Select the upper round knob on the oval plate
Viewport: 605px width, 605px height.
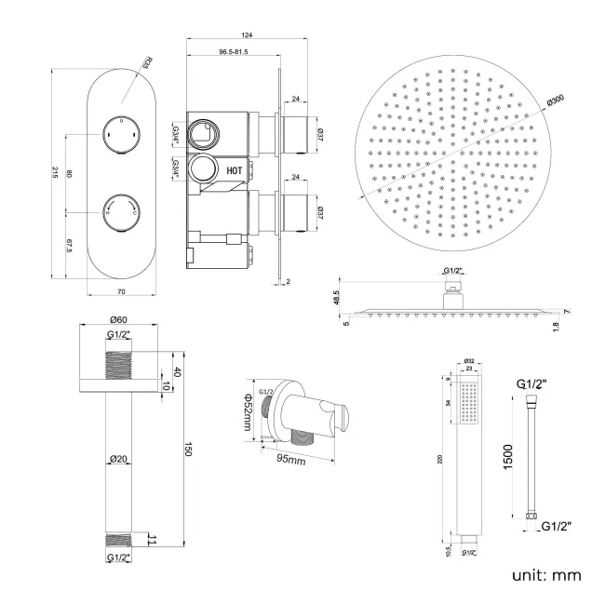point(121,132)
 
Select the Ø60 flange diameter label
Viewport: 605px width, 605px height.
point(117,323)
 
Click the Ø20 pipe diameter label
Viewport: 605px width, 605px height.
point(118,458)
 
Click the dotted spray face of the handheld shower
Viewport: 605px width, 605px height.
point(475,411)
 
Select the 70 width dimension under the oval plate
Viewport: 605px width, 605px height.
point(120,292)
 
